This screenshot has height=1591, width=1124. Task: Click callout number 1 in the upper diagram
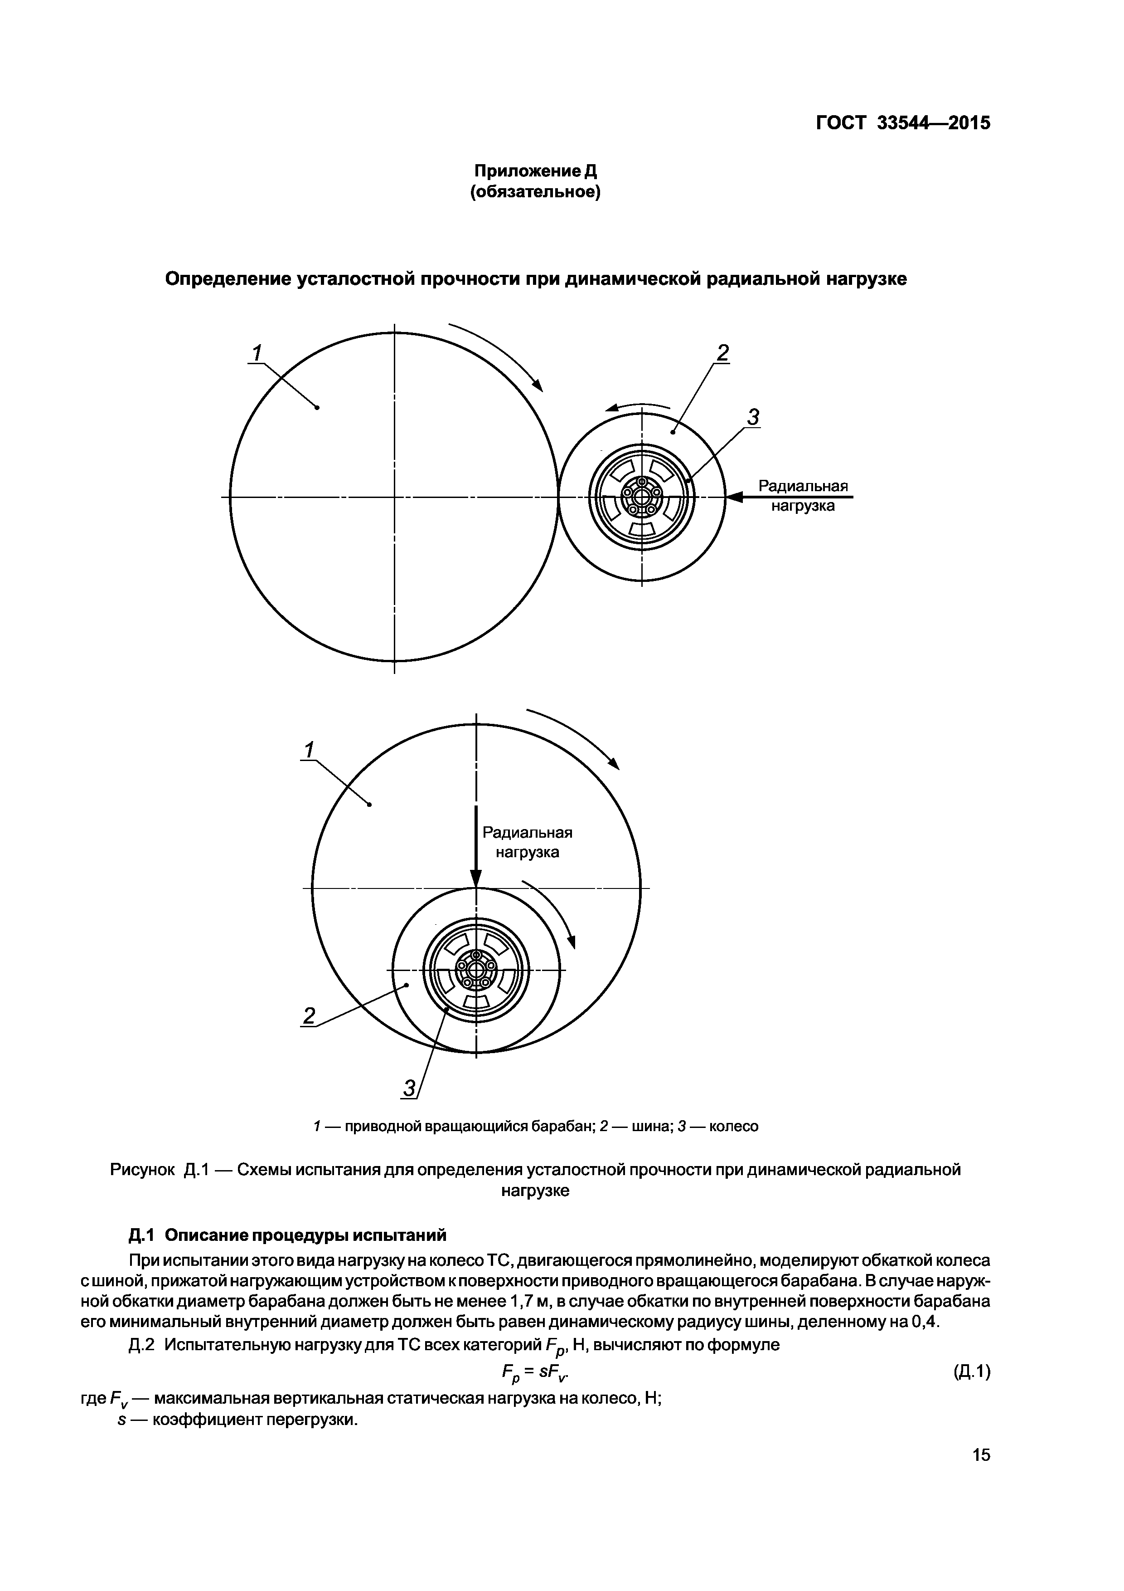256,353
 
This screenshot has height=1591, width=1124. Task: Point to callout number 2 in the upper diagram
722,353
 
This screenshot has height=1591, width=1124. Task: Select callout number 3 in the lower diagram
409,1088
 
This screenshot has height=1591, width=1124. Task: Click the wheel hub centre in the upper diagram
642,497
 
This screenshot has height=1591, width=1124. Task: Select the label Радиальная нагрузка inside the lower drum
527,842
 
